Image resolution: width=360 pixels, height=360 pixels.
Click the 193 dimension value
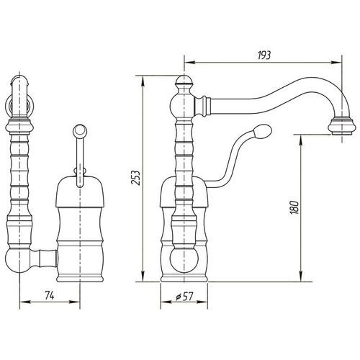tap(264, 55)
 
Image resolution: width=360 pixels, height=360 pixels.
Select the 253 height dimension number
tap(135, 178)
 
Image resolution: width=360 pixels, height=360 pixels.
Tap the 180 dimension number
tap(294, 207)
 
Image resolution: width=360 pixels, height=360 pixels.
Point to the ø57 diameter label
tap(184, 297)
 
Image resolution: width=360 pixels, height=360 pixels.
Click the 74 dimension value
tap(50, 296)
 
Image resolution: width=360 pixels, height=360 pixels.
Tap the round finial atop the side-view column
tap(184, 81)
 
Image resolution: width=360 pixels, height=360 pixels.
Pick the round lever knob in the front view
tap(80, 130)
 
